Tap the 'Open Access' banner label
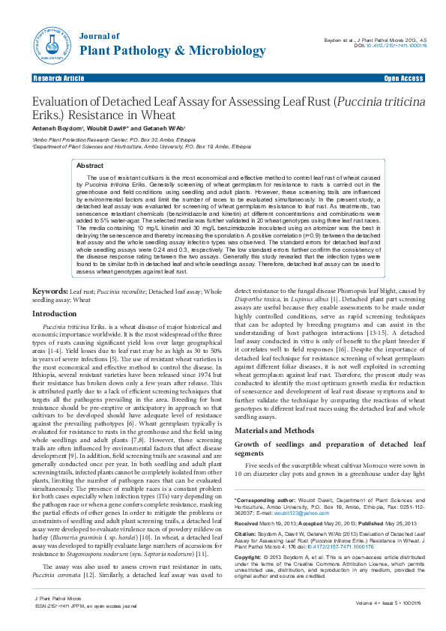(403, 78)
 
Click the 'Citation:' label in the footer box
(248, 533)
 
